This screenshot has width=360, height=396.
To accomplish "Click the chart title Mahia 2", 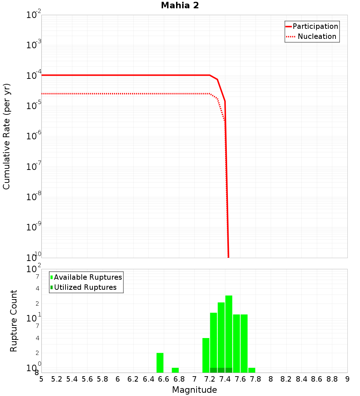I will (x=180, y=6).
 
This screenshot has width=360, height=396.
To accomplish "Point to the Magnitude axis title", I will (x=194, y=390).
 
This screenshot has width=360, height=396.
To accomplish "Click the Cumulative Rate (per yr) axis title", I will (x=6, y=136).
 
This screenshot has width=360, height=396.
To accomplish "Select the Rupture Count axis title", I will (x=14, y=321).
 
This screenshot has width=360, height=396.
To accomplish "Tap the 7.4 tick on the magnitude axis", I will (x=225, y=379).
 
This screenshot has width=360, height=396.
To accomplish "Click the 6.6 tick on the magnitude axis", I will (x=164, y=379).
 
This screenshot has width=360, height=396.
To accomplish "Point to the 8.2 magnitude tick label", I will (x=286, y=379).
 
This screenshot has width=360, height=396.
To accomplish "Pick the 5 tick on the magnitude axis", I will (x=41, y=379).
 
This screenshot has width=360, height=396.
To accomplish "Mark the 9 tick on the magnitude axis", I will (x=347, y=379).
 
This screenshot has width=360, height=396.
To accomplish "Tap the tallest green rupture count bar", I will (x=229, y=331).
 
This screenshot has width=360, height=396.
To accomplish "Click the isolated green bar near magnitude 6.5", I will (x=160, y=363).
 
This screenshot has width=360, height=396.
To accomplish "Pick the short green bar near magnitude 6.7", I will (x=175, y=370).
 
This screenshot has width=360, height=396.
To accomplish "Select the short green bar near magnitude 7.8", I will (x=252, y=370).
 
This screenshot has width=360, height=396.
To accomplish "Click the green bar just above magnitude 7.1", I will (x=206, y=355).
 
